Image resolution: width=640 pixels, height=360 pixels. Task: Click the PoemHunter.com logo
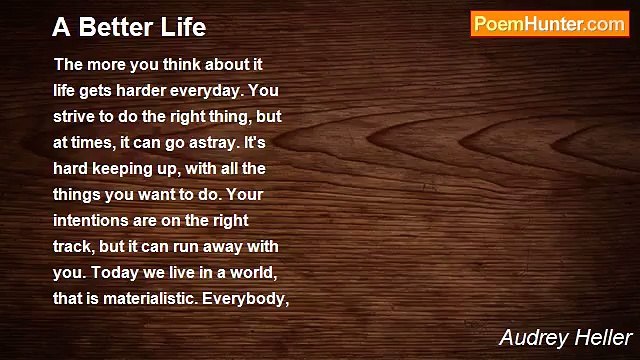pyautogui.click(x=548, y=25)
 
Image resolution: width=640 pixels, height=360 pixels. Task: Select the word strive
pyautogui.click(x=75, y=115)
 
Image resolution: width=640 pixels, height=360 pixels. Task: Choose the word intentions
pyautogui.click(x=93, y=219)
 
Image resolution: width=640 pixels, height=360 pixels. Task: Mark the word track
pyautogui.click(x=73, y=245)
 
